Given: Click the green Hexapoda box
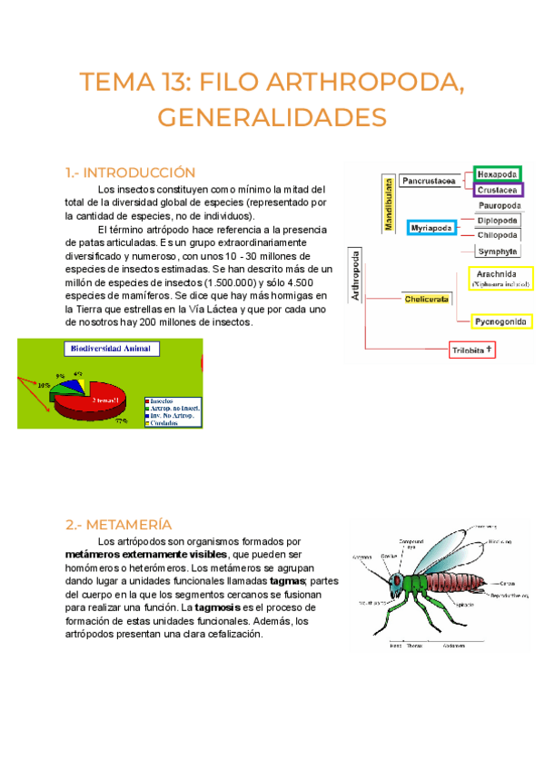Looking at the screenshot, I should point(497,173).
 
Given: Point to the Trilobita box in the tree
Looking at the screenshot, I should point(472,349).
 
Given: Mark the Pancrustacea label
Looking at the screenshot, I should point(428,181).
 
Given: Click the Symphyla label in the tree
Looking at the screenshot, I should point(498,251).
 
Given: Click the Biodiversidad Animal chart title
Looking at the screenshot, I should point(111,348).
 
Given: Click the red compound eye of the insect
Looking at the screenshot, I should point(396,578).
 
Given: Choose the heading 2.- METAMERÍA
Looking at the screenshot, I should point(118,524).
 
